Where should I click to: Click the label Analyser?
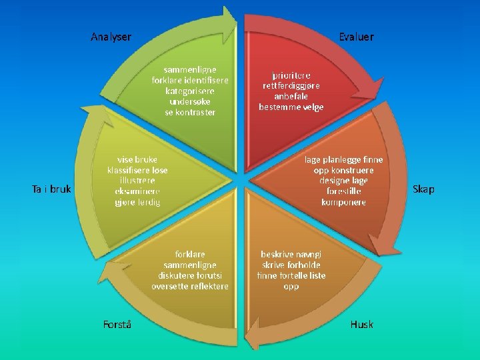click(x=111, y=37)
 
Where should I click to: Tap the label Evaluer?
click(x=356, y=37)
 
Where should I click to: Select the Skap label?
click(x=423, y=189)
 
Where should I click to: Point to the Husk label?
click(x=362, y=325)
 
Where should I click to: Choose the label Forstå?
click(x=117, y=325)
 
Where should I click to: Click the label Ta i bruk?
click(x=51, y=189)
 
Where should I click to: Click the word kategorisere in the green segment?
click(x=190, y=91)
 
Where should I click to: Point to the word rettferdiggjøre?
click(x=291, y=86)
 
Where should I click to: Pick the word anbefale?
click(x=291, y=97)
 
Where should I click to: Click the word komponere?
click(x=343, y=202)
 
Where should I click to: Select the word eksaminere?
click(x=137, y=191)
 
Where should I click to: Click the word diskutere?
click(x=177, y=275)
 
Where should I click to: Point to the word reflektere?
click(x=208, y=286)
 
